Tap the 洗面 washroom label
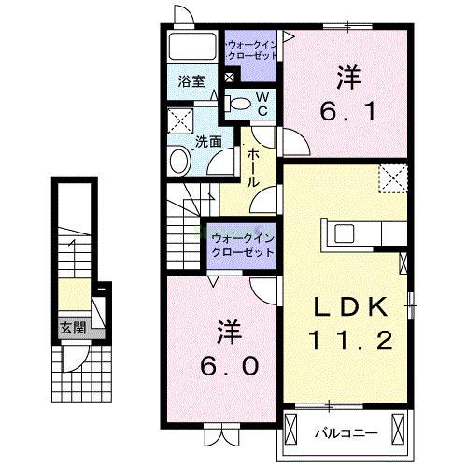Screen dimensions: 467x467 pos(207,142)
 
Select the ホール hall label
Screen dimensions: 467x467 pos(252,169)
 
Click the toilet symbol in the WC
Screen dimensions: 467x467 pos(239,104)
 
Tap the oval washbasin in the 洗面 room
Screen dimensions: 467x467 pos(179,162)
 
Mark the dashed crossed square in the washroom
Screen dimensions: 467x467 pos(179,120)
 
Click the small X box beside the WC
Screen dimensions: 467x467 pos(231,78)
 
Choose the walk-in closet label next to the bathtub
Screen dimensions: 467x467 pos(252,49)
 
